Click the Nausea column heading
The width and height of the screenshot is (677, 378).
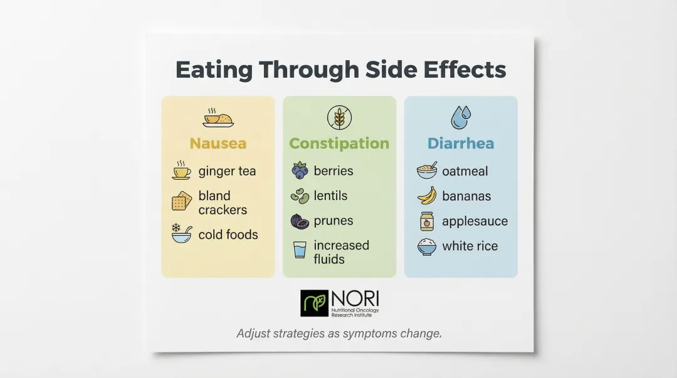(x=218, y=144)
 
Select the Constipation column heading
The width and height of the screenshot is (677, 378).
(x=339, y=144)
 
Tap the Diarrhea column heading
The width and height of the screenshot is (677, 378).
(x=461, y=144)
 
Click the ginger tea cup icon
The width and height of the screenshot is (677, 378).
(x=182, y=171)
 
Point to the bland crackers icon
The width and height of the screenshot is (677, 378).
(x=182, y=202)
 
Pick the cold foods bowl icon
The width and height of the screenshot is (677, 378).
(x=182, y=234)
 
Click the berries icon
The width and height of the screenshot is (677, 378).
(x=300, y=171)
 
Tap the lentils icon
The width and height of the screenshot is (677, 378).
(x=300, y=196)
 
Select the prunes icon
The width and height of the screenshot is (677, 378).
(x=300, y=221)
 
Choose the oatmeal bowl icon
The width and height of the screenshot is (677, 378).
(x=427, y=171)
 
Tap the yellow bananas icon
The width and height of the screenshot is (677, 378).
(x=427, y=196)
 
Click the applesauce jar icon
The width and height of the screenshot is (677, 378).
(x=427, y=221)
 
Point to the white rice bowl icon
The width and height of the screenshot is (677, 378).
(x=427, y=246)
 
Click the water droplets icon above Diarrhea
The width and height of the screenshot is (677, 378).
(x=460, y=117)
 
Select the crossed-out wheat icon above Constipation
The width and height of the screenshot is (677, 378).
(x=339, y=117)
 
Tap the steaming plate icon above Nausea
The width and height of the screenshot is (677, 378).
(x=218, y=117)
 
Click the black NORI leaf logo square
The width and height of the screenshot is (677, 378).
(x=314, y=303)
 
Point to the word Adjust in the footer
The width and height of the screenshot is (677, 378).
(x=254, y=333)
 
